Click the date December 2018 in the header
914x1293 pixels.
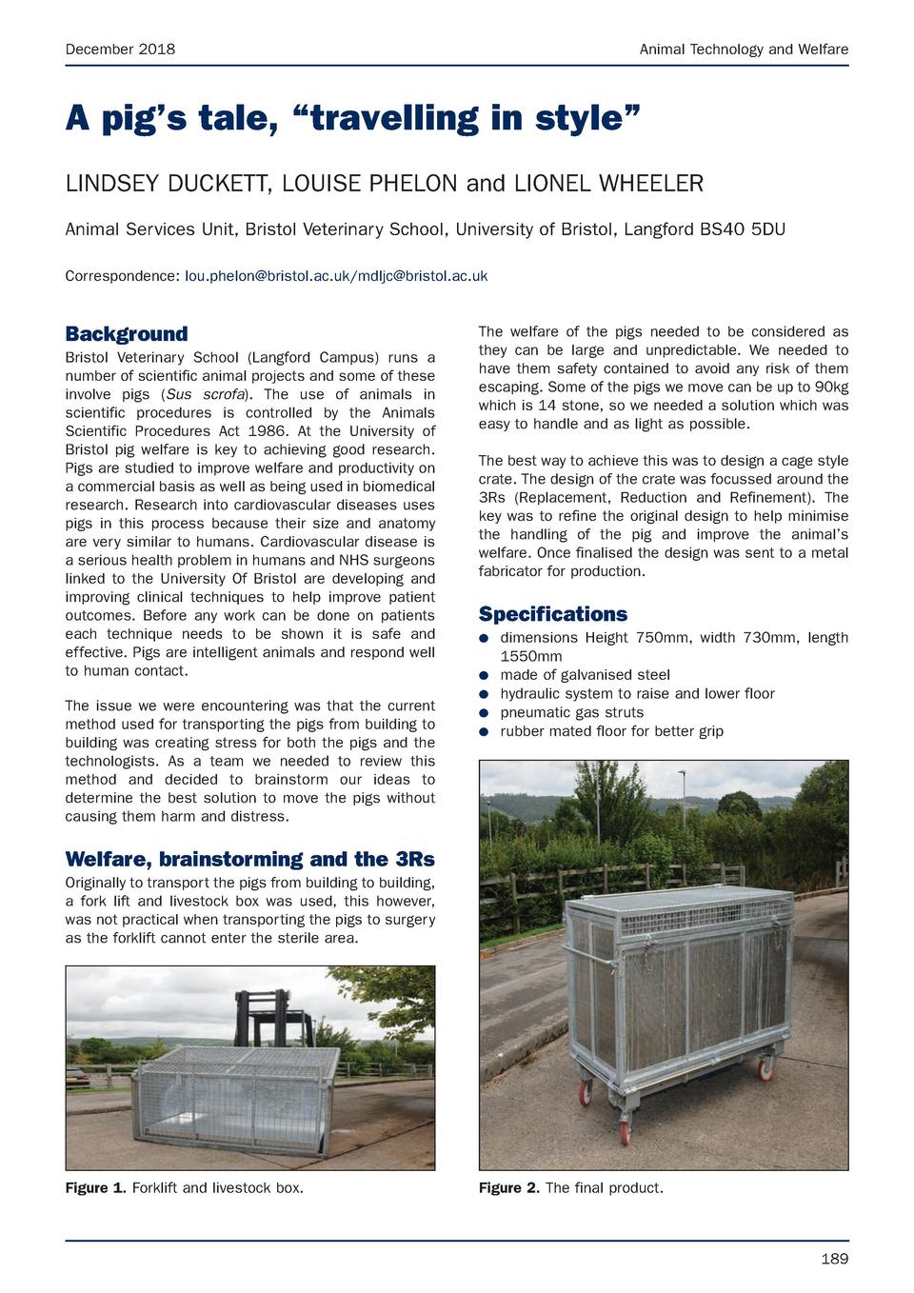[120, 49]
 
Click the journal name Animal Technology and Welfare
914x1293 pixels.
[744, 49]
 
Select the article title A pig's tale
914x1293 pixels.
[352, 118]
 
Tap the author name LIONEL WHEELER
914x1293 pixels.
[608, 183]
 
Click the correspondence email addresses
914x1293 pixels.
[336, 276]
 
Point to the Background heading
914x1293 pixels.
[126, 333]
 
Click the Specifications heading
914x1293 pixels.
[552, 614]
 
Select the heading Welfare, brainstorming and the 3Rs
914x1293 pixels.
[249, 860]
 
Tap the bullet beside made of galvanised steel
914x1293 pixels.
[484, 675]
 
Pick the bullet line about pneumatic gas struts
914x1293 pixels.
[571, 712]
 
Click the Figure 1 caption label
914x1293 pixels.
[95, 1187]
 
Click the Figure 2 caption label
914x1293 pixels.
[508, 1187]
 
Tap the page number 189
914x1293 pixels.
[834, 1259]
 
